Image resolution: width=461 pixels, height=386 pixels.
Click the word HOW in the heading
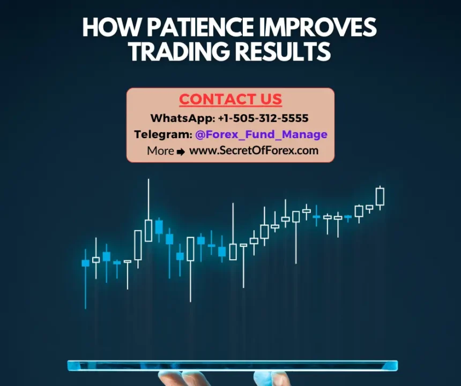103,27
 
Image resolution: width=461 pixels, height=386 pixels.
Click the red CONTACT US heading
230,100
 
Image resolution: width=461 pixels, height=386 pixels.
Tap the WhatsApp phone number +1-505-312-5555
263,118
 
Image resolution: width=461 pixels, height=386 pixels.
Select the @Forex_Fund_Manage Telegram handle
261,134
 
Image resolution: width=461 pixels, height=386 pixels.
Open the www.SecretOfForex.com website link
254,150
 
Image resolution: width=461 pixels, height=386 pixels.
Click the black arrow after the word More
181,152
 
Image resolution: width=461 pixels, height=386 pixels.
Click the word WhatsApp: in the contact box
182,118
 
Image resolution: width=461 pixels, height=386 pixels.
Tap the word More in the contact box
160,151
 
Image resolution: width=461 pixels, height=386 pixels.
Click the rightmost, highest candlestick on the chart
380,196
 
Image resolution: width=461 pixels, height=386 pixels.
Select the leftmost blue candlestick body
85,263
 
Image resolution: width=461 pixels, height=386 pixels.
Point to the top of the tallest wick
148,180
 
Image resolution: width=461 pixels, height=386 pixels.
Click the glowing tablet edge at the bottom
232,366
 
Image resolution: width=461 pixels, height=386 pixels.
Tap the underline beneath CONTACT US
230,107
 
